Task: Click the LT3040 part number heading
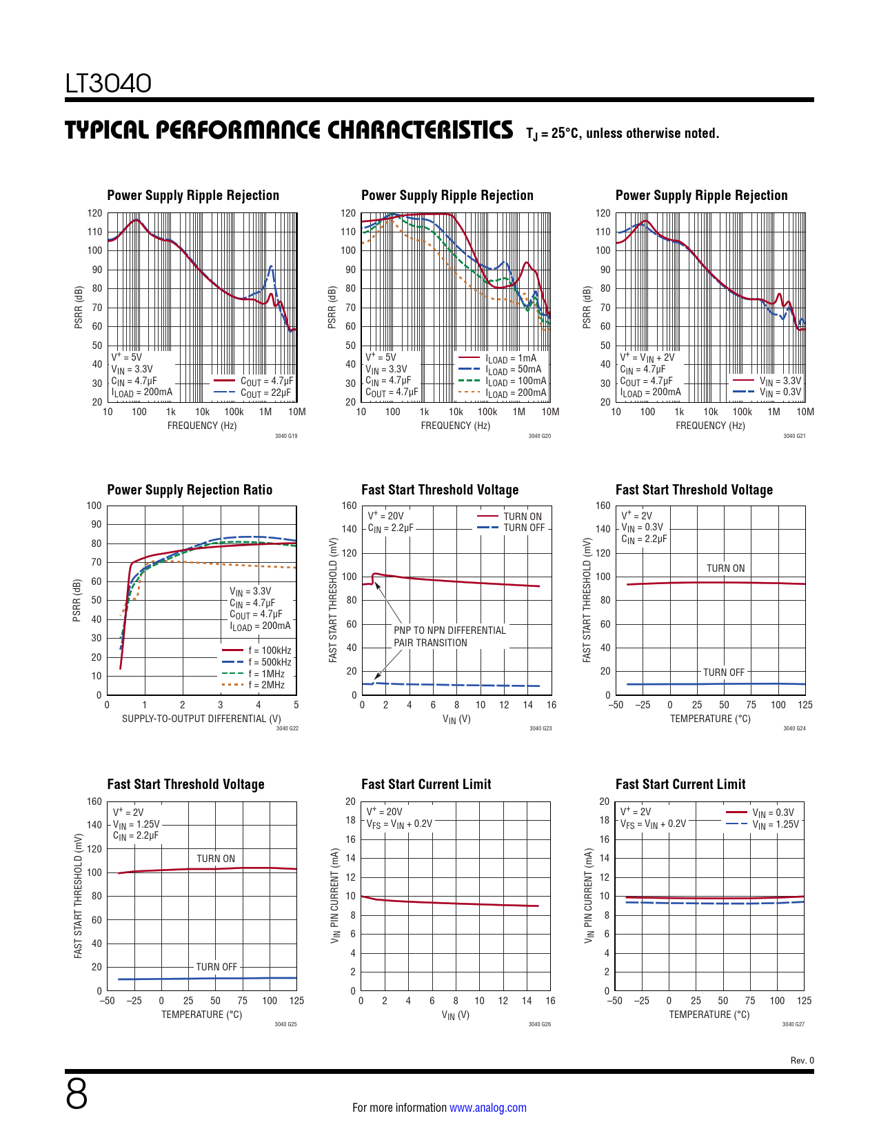(108, 83)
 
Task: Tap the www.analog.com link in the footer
(487, 1108)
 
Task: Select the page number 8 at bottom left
(77, 1095)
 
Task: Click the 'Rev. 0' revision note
(802, 1060)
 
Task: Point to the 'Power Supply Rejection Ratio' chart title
(190, 490)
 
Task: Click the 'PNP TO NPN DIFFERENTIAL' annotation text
(449, 630)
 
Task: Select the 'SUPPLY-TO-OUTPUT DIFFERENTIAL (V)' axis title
(201, 719)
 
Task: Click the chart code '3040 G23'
(540, 728)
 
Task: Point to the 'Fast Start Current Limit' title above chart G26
(426, 784)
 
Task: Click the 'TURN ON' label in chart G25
(216, 859)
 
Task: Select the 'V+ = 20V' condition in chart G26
(384, 812)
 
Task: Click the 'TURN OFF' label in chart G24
(724, 672)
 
